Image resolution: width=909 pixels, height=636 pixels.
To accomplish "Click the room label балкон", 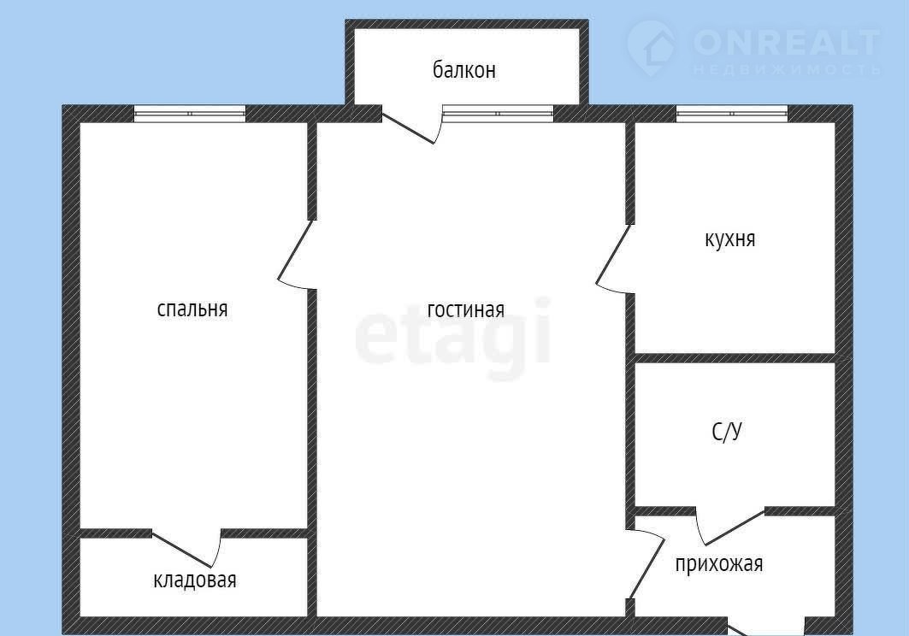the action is coord(463,69).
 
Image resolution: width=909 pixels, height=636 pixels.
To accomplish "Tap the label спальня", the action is coord(192,309).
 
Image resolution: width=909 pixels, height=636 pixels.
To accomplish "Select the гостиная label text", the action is coord(465,309).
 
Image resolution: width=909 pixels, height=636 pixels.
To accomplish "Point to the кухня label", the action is coord(730,238).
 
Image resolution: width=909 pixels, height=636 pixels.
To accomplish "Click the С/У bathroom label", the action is coord(726,432).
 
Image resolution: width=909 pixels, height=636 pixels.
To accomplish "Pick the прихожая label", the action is coord(719,563).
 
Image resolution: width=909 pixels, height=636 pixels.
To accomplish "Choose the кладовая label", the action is coord(195,580).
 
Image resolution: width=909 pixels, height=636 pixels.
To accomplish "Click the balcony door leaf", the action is coord(408,127).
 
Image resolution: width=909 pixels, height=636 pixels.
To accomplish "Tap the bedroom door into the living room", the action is coord(296,250).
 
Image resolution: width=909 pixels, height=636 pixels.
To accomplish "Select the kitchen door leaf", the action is coord(613,254).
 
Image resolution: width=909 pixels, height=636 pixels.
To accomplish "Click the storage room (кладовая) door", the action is coord(182,550).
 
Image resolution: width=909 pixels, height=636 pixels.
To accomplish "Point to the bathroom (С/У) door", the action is coord(735,527).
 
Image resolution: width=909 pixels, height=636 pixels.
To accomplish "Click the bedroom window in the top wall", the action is coord(190,114).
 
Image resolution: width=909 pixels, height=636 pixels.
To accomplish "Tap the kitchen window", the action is coord(732,114).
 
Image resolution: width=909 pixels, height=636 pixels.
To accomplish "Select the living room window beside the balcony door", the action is coord(498,114).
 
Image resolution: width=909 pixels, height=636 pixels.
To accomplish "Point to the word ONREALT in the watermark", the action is coord(787,43).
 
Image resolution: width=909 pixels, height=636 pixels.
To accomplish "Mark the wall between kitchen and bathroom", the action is coord(735,357).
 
